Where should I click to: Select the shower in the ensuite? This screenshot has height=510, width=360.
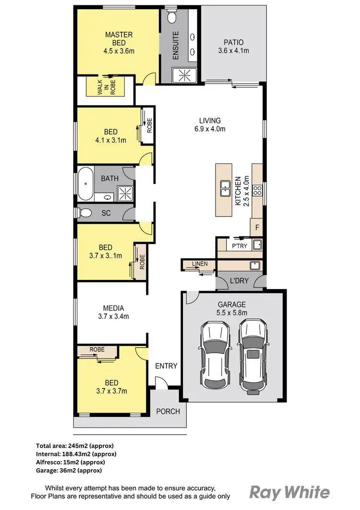tap(181, 74)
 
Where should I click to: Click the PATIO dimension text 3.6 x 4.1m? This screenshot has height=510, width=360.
tap(234, 50)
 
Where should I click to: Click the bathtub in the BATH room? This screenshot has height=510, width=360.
tap(85, 183)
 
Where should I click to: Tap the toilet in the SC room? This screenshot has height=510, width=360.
tap(85, 212)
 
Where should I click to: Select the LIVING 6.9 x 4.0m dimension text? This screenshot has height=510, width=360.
tap(210, 129)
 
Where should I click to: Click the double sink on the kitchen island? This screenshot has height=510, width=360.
tap(224, 188)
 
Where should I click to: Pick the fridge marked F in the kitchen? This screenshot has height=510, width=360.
tap(257, 228)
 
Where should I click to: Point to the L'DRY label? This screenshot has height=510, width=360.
tap(240, 280)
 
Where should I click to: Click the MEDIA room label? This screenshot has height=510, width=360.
tap(113, 308)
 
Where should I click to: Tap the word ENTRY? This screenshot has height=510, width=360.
tap(166, 366)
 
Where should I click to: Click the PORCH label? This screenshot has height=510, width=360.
tap(168, 411)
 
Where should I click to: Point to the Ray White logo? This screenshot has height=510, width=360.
tap(289, 492)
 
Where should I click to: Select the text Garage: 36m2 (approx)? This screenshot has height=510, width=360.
tap(69, 470)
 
